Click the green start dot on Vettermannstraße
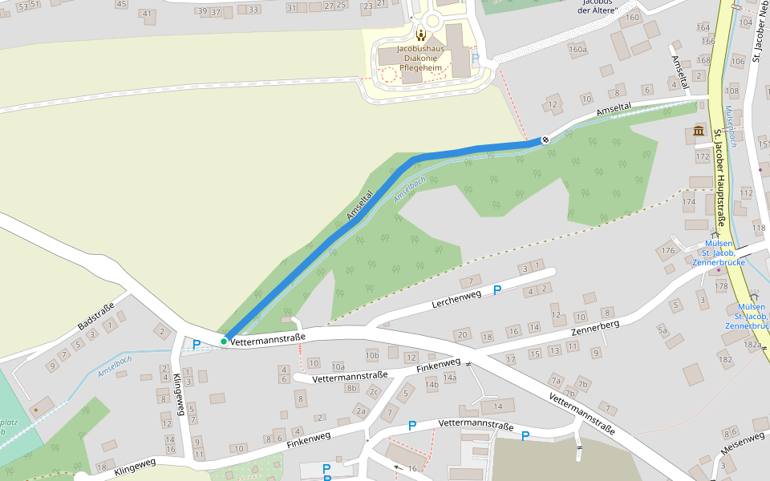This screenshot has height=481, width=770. tap(224, 342)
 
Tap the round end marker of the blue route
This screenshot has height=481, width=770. tap(545, 139)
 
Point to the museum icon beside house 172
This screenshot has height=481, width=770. tap(698, 131)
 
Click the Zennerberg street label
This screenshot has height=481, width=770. tap(595, 329)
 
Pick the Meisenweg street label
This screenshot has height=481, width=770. tap(742, 439)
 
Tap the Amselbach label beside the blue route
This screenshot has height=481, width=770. tap(409, 189)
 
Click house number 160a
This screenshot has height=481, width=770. tap(577, 50)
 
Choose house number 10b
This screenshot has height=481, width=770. tap(371, 354)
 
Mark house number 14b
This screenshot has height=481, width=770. tap(432, 385)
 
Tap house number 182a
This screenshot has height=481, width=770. tap(752, 344)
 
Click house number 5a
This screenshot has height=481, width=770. tap(663, 329)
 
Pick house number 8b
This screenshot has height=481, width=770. tap(351, 388)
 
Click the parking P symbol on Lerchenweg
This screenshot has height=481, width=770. tap(497, 289)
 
